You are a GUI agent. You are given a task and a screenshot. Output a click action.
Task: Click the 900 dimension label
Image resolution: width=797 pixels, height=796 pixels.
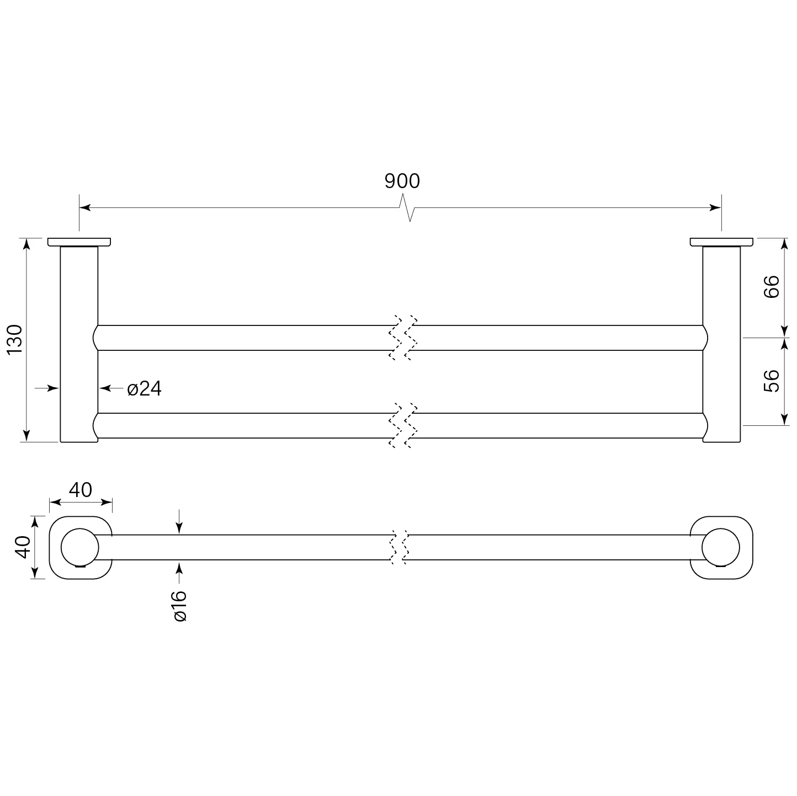tap(402, 181)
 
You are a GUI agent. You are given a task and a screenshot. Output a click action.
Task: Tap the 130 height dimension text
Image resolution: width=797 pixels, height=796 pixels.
tap(15, 339)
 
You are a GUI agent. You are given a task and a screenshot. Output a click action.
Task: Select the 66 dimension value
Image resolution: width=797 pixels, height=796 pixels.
tap(771, 286)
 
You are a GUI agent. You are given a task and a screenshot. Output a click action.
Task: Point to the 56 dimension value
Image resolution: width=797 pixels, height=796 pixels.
tap(771, 381)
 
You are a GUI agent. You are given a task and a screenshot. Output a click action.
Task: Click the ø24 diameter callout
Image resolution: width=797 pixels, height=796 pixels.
tap(145, 388)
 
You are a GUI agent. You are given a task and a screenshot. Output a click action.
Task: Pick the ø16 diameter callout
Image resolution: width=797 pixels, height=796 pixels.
tap(180, 606)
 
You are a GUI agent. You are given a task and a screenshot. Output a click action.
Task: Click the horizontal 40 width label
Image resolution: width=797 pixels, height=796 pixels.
tap(80, 490)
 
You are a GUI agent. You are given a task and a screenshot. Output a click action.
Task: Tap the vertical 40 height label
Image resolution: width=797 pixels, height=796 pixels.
tap(23, 547)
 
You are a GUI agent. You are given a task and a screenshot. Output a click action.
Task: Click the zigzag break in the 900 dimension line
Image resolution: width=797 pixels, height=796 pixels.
tap(407, 207)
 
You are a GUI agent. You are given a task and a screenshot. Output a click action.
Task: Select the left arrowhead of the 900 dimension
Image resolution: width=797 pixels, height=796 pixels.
tap(85, 207)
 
